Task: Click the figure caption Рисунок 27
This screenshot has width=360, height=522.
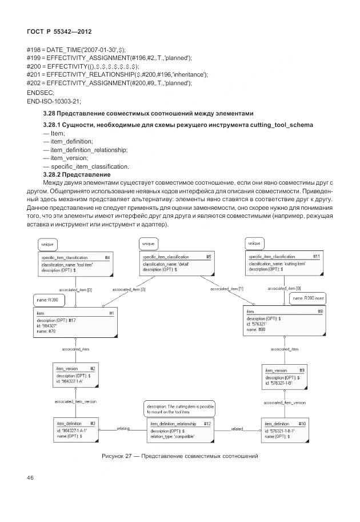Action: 180,456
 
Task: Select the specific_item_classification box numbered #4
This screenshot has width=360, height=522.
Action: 75,264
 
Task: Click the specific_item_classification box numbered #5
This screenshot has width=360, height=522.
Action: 177,263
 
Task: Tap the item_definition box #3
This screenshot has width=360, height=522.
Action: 75,429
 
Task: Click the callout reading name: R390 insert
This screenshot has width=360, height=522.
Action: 307,298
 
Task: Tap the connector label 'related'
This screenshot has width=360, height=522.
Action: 237,428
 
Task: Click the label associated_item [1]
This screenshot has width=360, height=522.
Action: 227,289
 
